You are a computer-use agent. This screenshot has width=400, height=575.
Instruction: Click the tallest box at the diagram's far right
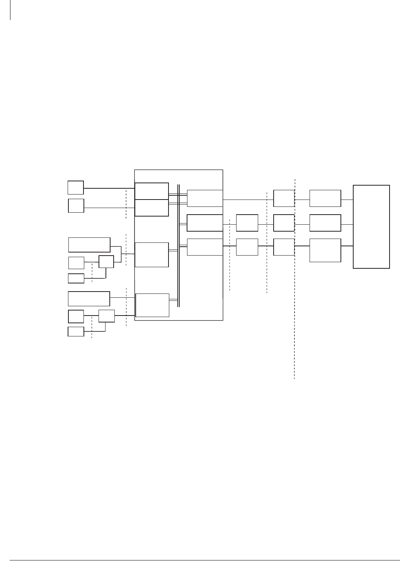(371, 227)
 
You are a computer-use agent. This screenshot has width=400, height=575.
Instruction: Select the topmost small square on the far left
(76, 187)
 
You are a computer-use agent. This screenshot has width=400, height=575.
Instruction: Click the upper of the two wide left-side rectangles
(89, 244)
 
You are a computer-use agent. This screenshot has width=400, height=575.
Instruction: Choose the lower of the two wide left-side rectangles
(89, 299)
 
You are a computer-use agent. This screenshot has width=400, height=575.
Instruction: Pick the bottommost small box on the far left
(76, 331)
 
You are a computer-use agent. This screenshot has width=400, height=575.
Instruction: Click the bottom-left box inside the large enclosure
(152, 305)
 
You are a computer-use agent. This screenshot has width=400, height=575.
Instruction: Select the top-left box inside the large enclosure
(151, 191)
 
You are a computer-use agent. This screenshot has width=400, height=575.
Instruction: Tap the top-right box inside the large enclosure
(205, 198)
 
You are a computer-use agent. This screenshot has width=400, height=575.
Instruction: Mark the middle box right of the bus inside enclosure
(205, 223)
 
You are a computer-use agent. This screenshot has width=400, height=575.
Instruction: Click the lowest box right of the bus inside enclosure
(205, 247)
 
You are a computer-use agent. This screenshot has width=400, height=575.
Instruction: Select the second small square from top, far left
(76, 205)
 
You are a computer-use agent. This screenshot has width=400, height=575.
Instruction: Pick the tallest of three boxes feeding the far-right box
(325, 251)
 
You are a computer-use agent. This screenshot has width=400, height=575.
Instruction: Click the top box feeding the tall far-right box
(325, 198)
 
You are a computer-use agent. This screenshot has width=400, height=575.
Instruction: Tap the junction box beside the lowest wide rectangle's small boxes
(106, 316)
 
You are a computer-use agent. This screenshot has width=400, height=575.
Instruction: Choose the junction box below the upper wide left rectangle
(106, 262)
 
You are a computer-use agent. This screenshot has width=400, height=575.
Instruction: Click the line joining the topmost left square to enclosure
(109, 188)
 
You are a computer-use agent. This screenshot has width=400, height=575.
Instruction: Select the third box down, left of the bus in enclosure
(151, 254)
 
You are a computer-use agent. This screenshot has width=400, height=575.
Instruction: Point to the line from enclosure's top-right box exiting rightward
(247, 200)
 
